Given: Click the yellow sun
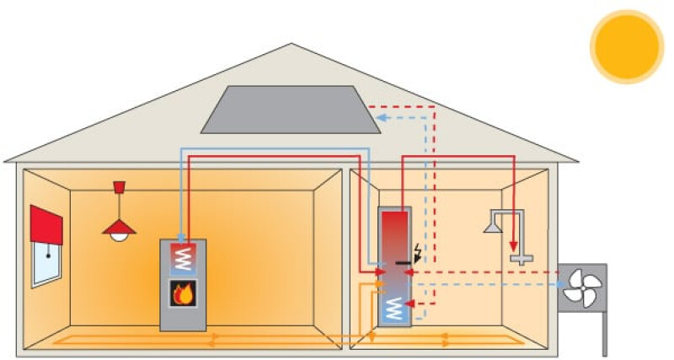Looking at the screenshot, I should pos(627,46).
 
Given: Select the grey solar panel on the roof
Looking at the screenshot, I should pos(290,110).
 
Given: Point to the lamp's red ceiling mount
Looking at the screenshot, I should pos(119,185).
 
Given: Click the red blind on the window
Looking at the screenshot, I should pos(47,224).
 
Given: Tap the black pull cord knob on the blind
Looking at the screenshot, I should pos(49,255).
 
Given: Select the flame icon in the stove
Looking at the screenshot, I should pos(183,294).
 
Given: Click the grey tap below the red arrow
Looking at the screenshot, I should pos(523,259).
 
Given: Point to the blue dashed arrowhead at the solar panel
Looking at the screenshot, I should pos(381,118).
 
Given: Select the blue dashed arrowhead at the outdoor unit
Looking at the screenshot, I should pos(562,284).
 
